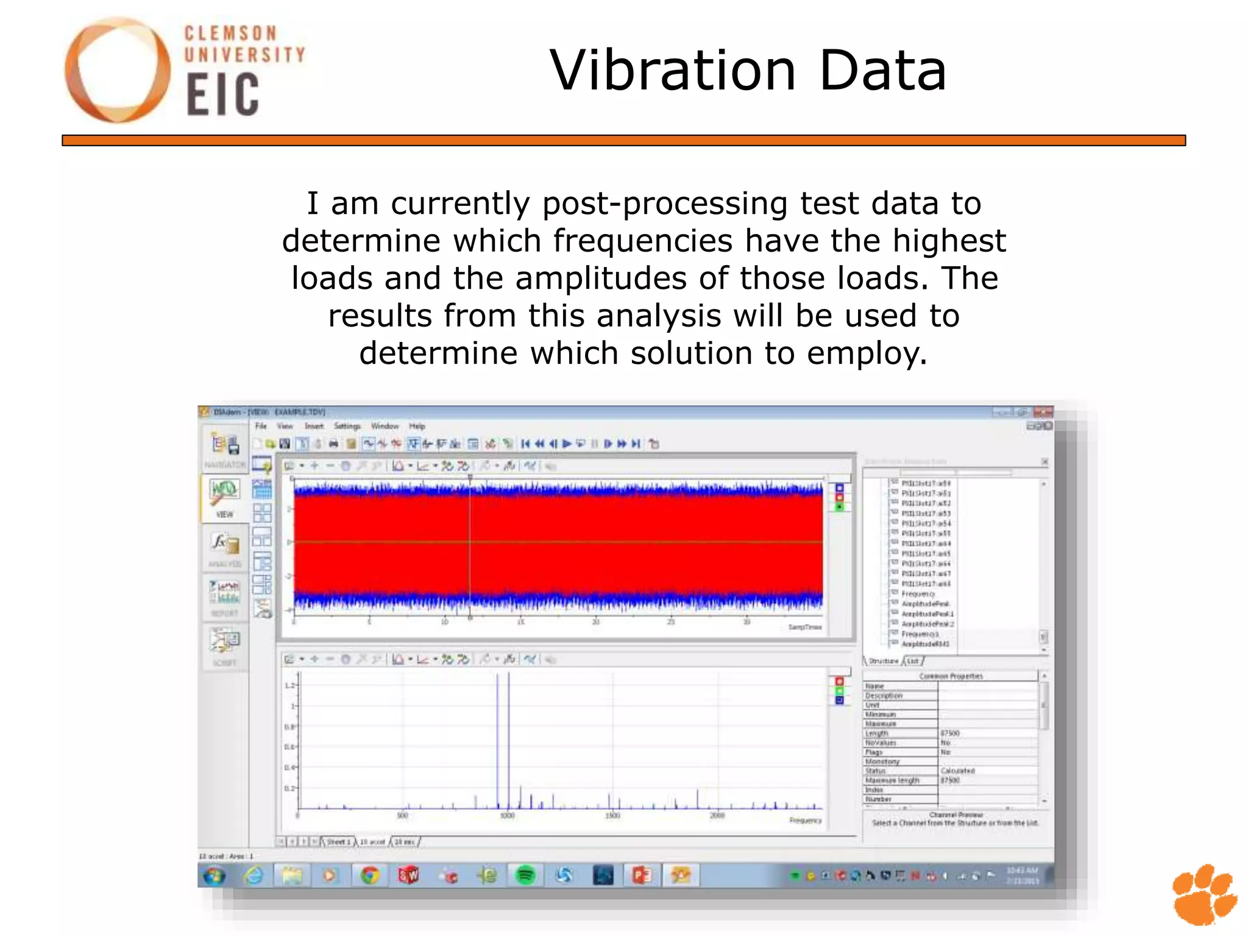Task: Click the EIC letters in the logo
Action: (x=222, y=94)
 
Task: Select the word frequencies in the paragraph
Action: (x=643, y=241)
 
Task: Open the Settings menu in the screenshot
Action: (x=347, y=426)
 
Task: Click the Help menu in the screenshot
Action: (x=417, y=426)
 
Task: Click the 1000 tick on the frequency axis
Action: (x=507, y=816)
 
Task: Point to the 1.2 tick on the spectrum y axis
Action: (x=289, y=686)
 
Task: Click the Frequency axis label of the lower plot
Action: (x=805, y=820)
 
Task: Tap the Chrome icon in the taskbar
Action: (x=369, y=876)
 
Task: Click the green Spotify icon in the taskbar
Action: (x=525, y=876)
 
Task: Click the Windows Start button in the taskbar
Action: (x=214, y=876)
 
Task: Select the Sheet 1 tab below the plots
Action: (x=339, y=842)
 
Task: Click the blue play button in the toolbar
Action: (x=567, y=444)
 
